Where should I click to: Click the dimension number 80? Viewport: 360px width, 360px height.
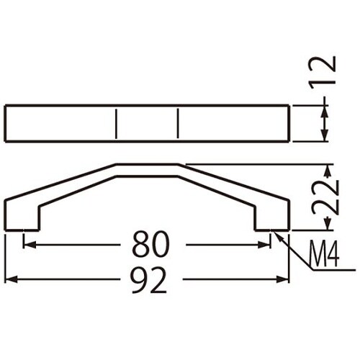click(150, 246)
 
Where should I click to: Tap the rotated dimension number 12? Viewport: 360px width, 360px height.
click(326, 72)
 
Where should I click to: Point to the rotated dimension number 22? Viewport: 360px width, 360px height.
click(326, 196)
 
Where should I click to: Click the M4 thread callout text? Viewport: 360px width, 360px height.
click(325, 253)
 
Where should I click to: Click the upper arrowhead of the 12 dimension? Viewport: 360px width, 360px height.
click(326, 109)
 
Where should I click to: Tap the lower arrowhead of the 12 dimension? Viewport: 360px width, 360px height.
click(326, 138)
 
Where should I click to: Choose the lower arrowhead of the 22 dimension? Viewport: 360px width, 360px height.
click(326, 225)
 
